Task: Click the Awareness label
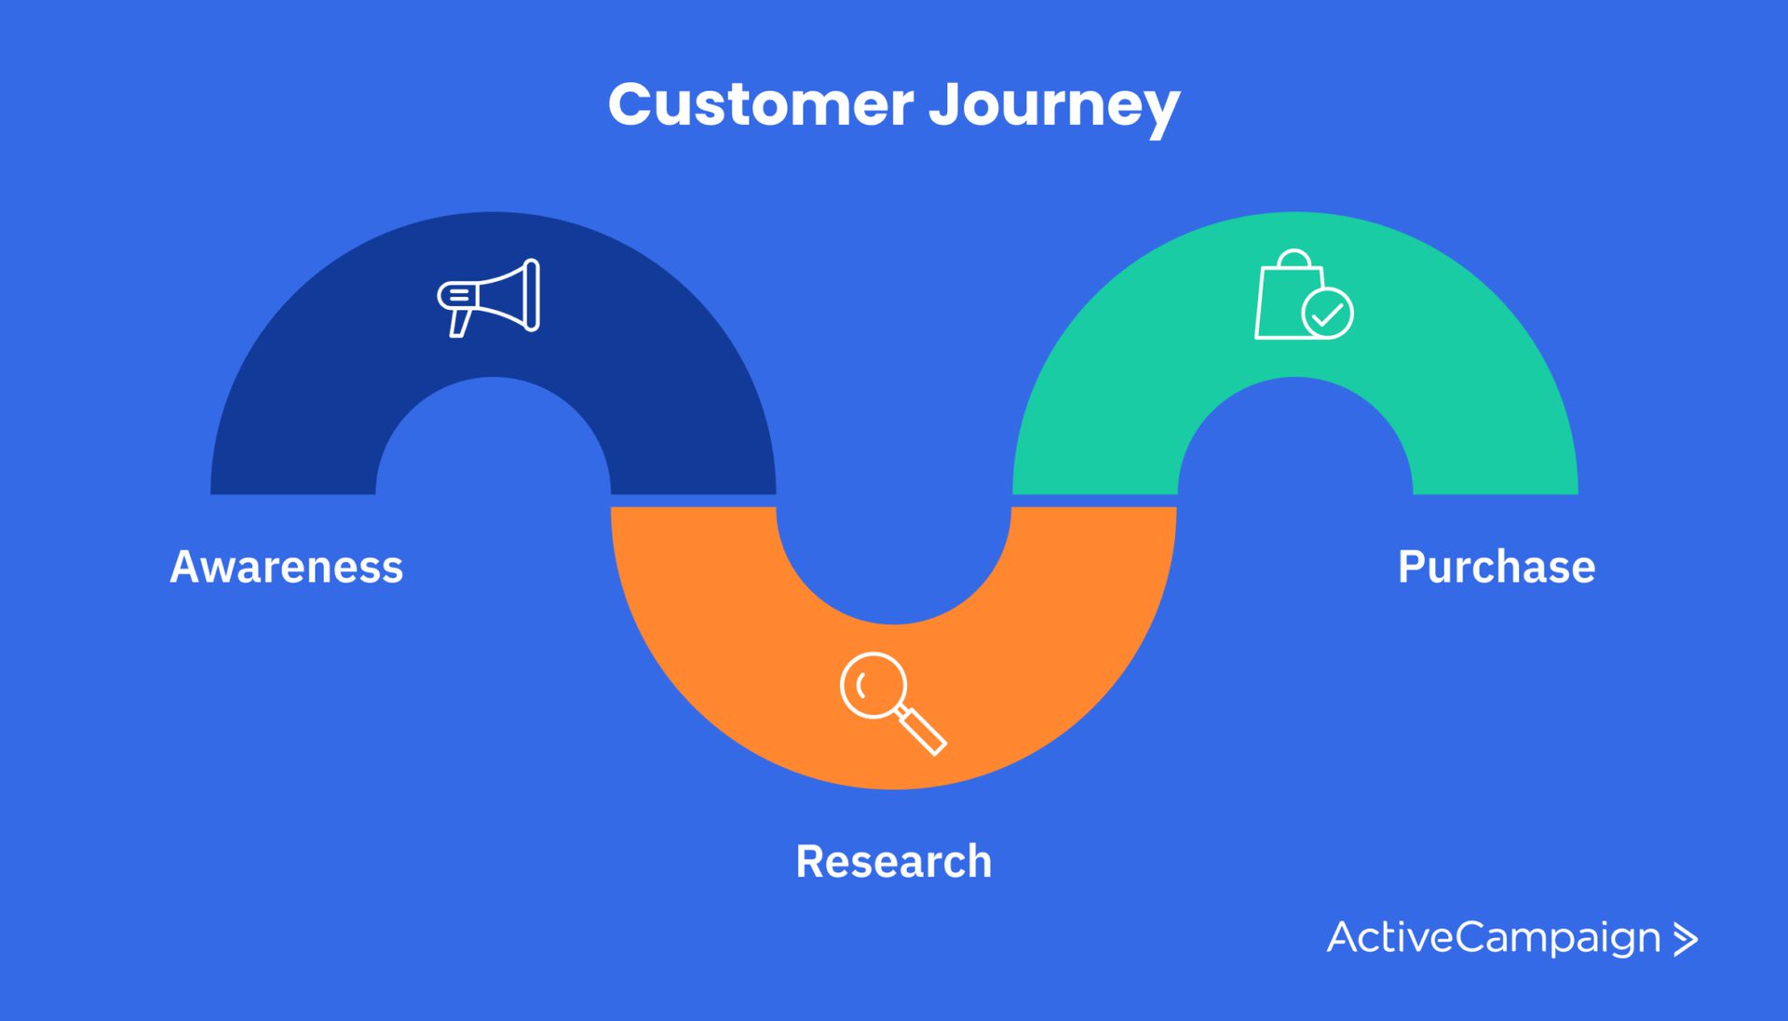[x=287, y=567]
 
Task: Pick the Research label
[x=893, y=861]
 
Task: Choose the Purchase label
[x=1497, y=567]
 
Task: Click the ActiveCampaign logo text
[x=1494, y=937]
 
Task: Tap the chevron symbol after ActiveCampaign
[x=1686, y=939]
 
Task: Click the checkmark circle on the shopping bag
[x=1327, y=313]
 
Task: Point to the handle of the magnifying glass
[x=922, y=731]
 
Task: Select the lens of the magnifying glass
[x=874, y=686]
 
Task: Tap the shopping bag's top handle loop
[x=1294, y=258]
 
